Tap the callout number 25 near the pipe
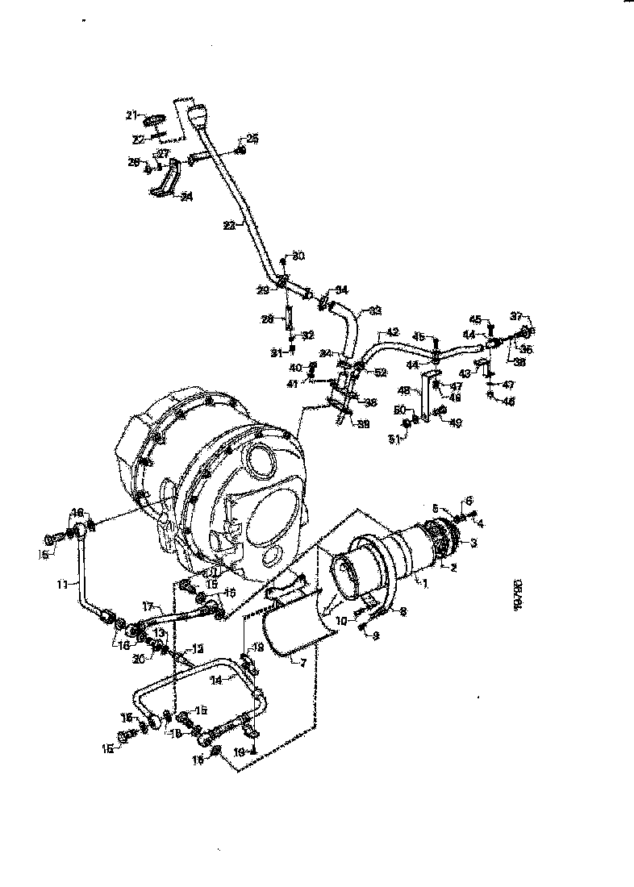click(x=252, y=139)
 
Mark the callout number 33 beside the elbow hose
click(x=375, y=310)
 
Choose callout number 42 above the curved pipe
click(x=393, y=331)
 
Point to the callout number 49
click(x=457, y=423)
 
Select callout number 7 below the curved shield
click(x=302, y=662)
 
